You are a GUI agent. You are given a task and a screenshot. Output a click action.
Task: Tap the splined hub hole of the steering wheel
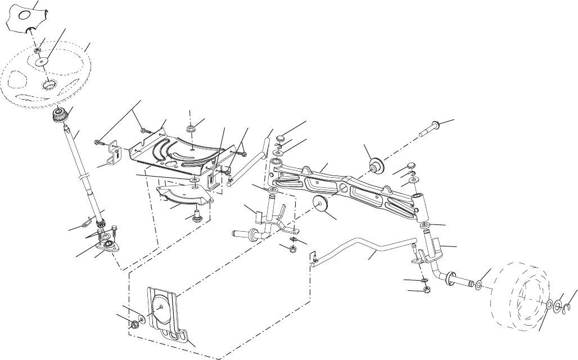[x=48, y=87]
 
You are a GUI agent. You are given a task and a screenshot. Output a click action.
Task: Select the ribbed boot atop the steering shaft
[x=60, y=116]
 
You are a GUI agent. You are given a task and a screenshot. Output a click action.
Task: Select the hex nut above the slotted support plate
[x=191, y=129]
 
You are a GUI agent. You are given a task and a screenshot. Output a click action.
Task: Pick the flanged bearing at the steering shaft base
[x=106, y=244]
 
